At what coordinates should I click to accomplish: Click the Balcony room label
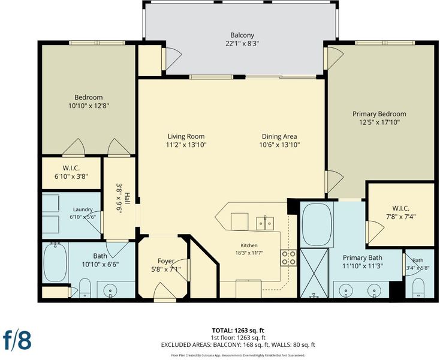tap(242, 35)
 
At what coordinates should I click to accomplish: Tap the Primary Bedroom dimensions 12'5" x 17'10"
tap(379, 122)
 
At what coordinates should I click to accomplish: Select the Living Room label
tap(186, 136)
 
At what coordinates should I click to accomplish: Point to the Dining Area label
tap(279, 136)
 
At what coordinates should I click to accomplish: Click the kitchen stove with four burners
tap(288, 258)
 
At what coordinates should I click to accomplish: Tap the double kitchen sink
tap(265, 223)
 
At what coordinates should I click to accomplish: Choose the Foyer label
tap(166, 261)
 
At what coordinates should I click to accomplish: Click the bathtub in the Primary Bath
tap(317, 224)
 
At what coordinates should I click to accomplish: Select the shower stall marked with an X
tap(314, 273)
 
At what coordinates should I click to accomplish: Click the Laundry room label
tap(83, 209)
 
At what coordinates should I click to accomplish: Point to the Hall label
tap(127, 199)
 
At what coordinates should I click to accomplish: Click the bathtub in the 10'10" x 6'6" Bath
tap(55, 263)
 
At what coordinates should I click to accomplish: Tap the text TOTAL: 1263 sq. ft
tap(238, 330)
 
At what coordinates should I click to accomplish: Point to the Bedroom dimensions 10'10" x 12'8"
tap(88, 106)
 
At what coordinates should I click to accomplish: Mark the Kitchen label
tap(249, 245)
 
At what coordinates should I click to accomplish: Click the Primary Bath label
tap(362, 257)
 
